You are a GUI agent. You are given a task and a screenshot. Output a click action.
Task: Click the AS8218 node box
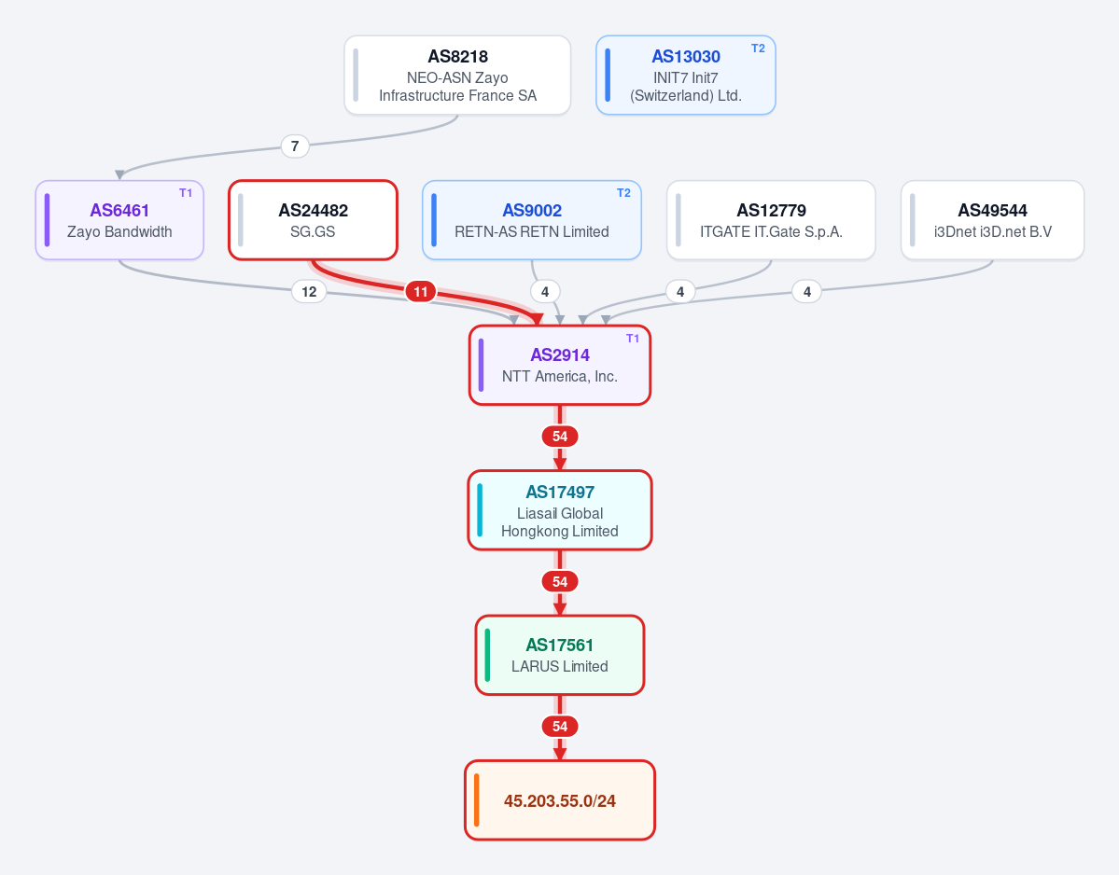pyautogui.click(x=457, y=75)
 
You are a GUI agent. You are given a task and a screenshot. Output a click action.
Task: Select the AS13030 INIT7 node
pyautogui.click(x=686, y=75)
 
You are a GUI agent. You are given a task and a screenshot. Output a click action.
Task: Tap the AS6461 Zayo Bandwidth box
pyautogui.click(x=119, y=220)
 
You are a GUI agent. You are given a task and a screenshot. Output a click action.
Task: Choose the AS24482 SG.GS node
pyautogui.click(x=314, y=220)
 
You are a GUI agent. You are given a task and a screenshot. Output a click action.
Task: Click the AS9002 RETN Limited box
pyautogui.click(x=532, y=220)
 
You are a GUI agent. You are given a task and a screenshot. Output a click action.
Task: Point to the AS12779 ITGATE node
pyautogui.click(x=772, y=220)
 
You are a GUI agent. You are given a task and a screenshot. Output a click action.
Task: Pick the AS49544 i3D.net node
pyautogui.click(x=993, y=220)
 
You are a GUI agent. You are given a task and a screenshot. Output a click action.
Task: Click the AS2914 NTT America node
pyautogui.click(x=560, y=365)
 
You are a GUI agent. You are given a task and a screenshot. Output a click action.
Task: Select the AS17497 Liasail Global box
pyautogui.click(x=560, y=510)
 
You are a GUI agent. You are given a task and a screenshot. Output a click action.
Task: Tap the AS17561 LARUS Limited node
pyautogui.click(x=560, y=656)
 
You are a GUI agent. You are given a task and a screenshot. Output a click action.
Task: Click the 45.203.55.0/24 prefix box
pyautogui.click(x=560, y=800)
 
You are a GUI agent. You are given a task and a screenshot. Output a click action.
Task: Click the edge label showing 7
pyautogui.click(x=295, y=146)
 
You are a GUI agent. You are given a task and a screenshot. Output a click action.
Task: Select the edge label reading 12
pyautogui.click(x=309, y=292)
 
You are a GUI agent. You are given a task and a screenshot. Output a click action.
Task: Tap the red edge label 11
pyautogui.click(x=420, y=292)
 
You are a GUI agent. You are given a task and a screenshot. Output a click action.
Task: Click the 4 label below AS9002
pyautogui.click(x=545, y=292)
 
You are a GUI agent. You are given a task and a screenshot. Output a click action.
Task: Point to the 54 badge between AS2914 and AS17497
pyautogui.click(x=560, y=437)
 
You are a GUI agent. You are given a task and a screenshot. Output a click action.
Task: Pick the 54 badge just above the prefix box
pyautogui.click(x=560, y=727)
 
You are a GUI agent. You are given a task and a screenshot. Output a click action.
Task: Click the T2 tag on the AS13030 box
pyautogui.click(x=758, y=49)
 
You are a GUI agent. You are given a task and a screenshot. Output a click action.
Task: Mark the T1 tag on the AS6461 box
pyautogui.click(x=186, y=193)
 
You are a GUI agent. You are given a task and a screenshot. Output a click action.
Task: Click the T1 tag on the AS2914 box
pyautogui.click(x=633, y=339)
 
